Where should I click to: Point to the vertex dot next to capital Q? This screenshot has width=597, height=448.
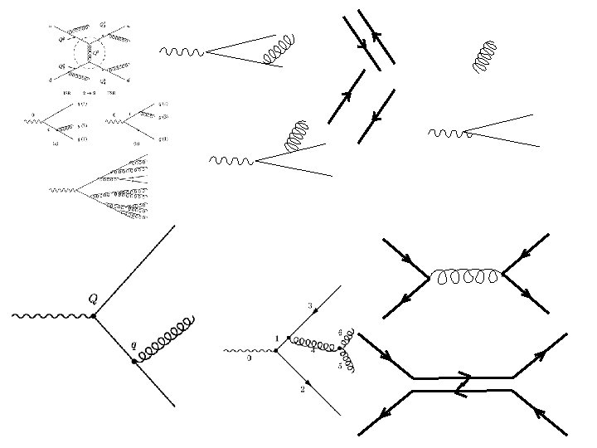click(x=94, y=316)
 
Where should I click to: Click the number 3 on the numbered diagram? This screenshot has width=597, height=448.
click(x=310, y=306)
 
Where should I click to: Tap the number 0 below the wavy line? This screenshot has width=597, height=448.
click(x=249, y=358)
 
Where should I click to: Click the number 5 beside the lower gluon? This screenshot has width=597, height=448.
click(x=339, y=365)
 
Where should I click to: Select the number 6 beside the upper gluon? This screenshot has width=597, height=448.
click(x=340, y=332)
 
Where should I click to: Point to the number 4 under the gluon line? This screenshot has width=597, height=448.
click(x=312, y=352)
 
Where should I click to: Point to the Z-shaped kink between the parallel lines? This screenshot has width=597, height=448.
click(x=463, y=384)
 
